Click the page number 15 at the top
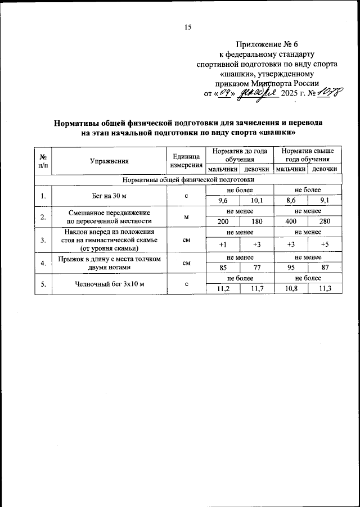[x=188, y=28]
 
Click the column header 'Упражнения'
[x=109, y=161]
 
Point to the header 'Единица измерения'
[x=186, y=161]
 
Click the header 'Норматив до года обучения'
[x=236, y=156]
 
